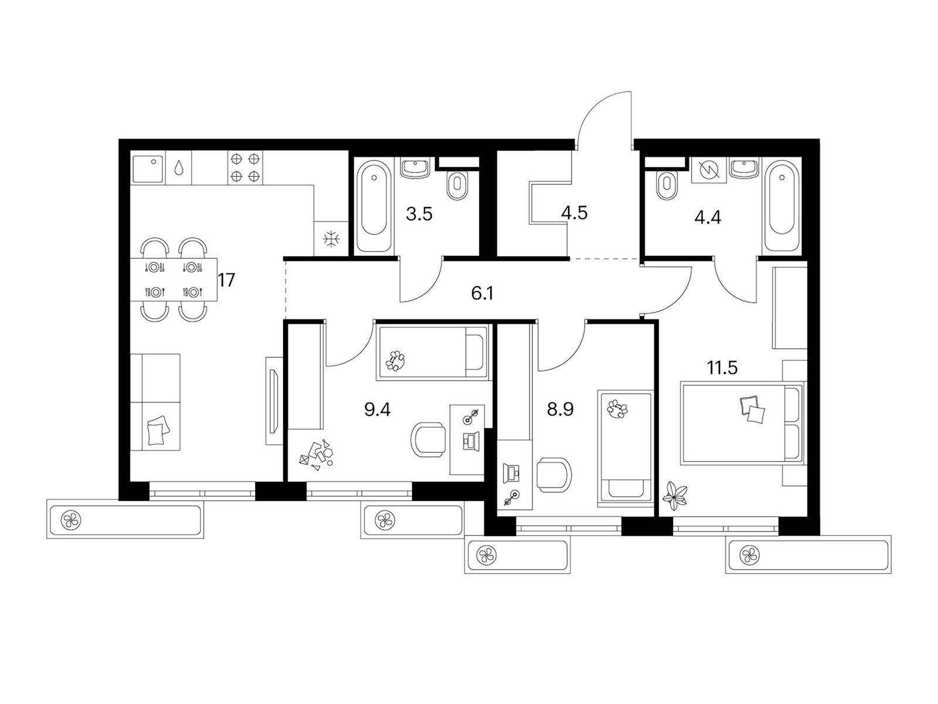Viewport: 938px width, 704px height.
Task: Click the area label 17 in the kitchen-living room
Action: point(226,280)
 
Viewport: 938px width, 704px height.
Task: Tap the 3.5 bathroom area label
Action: point(419,214)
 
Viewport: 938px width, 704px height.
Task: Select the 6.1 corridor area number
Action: point(482,294)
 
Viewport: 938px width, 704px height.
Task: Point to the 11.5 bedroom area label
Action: point(722,367)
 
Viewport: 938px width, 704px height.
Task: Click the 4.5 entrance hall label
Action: point(575,212)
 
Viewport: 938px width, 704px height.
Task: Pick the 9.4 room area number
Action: point(378,409)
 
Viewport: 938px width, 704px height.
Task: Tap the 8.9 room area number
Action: point(560,409)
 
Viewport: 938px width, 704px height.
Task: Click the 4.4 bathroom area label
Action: point(708,217)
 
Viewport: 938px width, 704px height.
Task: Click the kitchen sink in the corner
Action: point(148,170)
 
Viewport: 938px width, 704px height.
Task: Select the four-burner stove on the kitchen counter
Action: point(245,168)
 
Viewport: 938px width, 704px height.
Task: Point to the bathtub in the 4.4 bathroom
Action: point(782,206)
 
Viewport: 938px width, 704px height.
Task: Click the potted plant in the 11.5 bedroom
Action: point(675,496)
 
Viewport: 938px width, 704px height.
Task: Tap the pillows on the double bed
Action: point(752,409)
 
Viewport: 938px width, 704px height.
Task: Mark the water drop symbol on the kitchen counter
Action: point(178,167)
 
